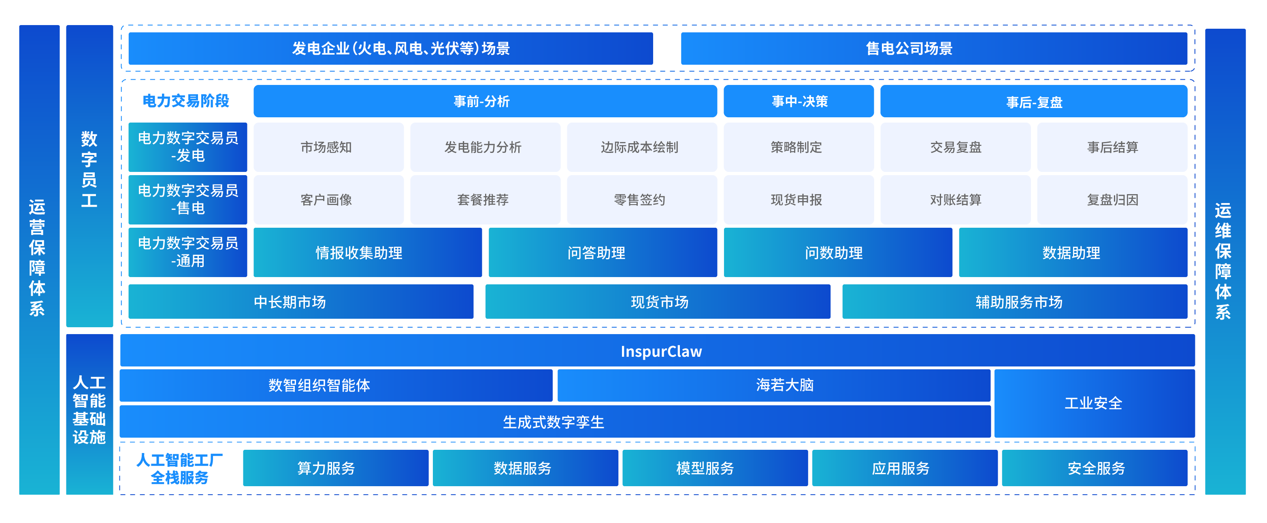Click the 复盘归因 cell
pos(1112,199)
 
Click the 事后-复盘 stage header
pos(1033,101)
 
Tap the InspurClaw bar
pos(657,351)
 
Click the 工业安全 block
pos(1094,403)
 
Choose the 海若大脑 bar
pos(774,385)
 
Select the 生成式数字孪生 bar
pos(554,421)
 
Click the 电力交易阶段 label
pos(186,101)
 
